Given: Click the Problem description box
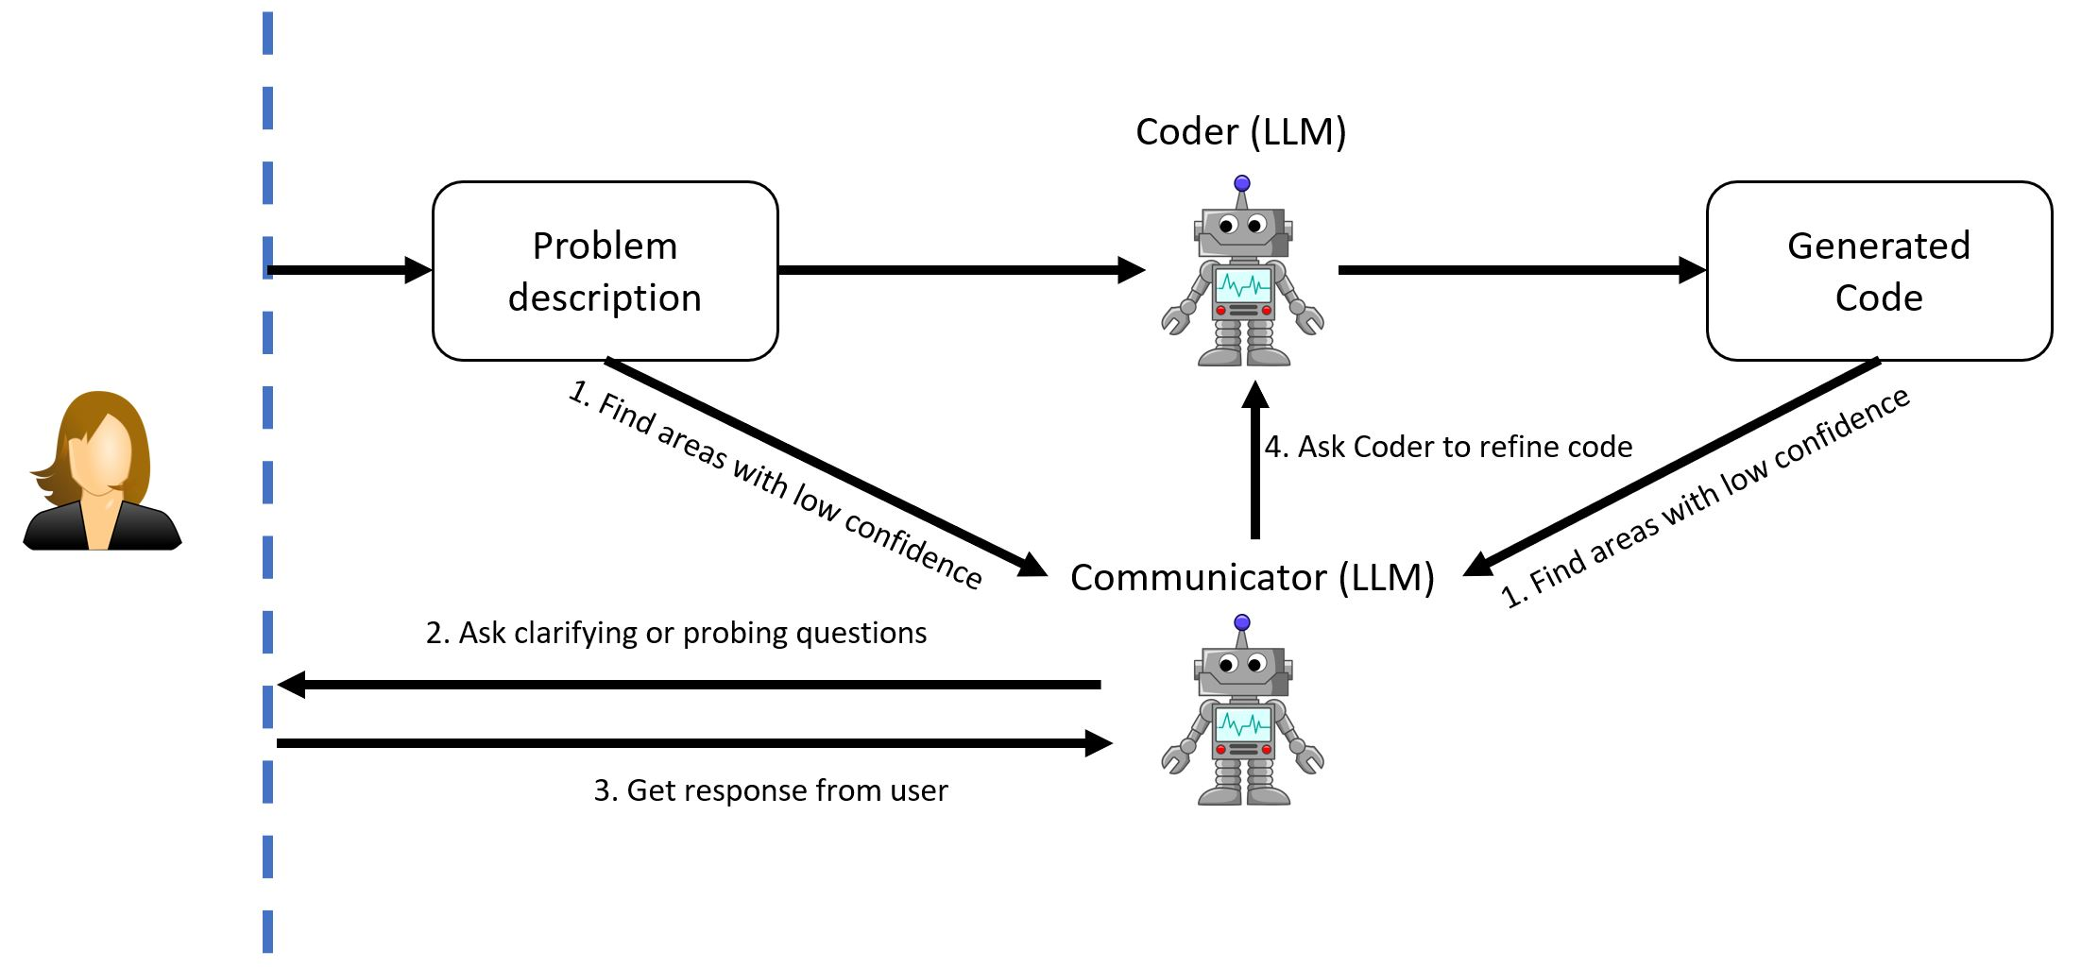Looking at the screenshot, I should click(605, 271).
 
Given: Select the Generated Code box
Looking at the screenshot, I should click(1879, 271).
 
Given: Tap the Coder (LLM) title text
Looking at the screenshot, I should click(1240, 132).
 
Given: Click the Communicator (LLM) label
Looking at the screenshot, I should click(1252, 577).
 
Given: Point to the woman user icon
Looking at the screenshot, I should click(102, 471).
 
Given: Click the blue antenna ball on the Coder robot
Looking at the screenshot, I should click(1242, 183).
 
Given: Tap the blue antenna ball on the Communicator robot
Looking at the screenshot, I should click(1242, 622).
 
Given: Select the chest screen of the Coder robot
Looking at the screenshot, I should click(1242, 284).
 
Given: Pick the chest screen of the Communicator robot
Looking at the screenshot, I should click(1242, 724).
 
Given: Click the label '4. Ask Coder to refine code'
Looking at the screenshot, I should click(1448, 447).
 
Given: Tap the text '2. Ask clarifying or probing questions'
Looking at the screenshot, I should click(676, 633).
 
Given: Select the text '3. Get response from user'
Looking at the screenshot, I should click(770, 790).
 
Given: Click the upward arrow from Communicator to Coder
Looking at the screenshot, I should click(1255, 463).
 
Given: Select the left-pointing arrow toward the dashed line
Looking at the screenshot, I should click(690, 685).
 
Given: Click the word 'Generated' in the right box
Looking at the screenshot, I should click(1879, 246).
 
